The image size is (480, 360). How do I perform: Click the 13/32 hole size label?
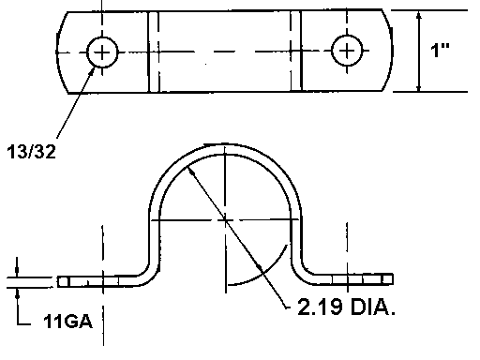(31, 152)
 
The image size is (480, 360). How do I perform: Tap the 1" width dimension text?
(440, 50)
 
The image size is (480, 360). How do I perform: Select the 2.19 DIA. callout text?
(346, 307)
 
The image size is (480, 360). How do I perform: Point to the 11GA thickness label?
(68, 321)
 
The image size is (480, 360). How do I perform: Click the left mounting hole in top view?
(102, 52)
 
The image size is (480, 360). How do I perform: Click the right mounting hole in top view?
(347, 51)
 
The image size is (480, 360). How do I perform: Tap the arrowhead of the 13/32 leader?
(92, 70)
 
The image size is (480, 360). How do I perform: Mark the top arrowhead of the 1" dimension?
(419, 15)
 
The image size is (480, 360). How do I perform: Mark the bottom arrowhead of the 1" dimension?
(419, 87)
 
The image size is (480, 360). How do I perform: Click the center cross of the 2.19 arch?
(225, 220)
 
